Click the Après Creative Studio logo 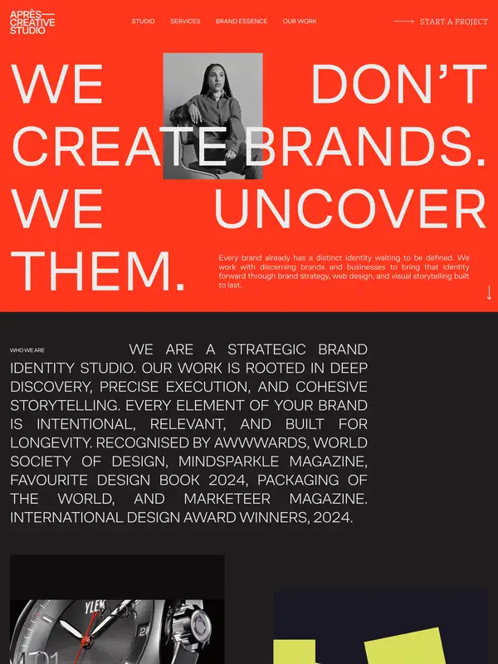point(32,22)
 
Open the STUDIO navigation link point(143,22)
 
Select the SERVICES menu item point(185,22)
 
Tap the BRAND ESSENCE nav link point(242,22)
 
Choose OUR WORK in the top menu point(300,22)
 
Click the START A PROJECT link point(453,22)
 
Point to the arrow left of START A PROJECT point(403,22)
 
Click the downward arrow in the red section point(489,293)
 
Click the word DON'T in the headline point(399,84)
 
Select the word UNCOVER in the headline point(350,209)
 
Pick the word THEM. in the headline point(97,271)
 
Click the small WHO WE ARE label point(27,350)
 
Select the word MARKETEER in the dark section point(227,499)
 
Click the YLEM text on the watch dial point(95,607)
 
